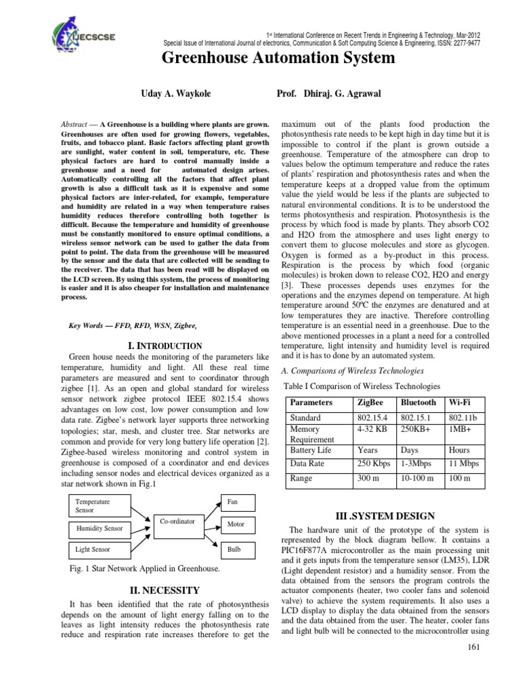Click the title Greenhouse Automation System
[278, 58]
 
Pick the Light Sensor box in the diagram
[99, 549]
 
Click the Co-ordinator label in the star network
[177, 521]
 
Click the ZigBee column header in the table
[372, 402]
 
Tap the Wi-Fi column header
[459, 402]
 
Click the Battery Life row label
[311, 449]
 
